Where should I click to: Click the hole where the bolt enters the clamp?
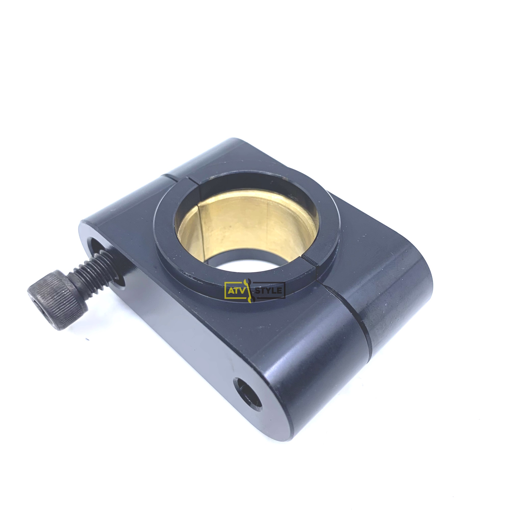(x=106, y=260)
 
